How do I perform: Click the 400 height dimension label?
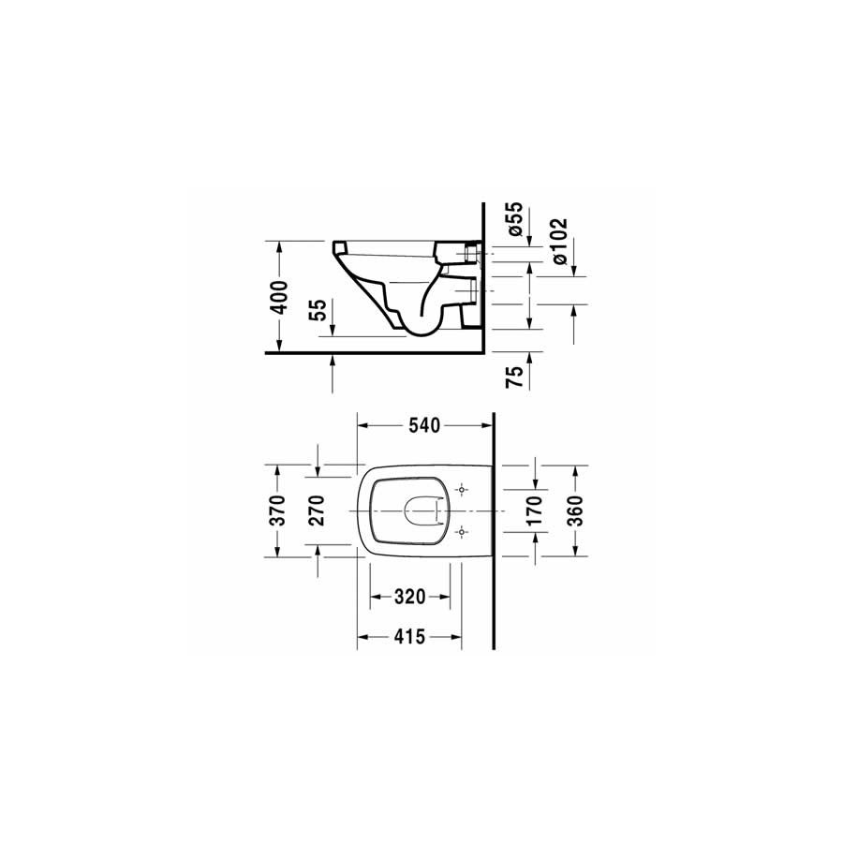pos(279,297)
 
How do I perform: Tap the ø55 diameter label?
pos(514,219)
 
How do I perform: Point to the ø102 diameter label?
pos(559,241)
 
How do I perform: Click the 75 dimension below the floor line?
pos(514,377)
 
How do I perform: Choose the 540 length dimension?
pos(424,426)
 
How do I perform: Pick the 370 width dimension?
pos(277,510)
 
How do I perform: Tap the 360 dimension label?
pos(574,510)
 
